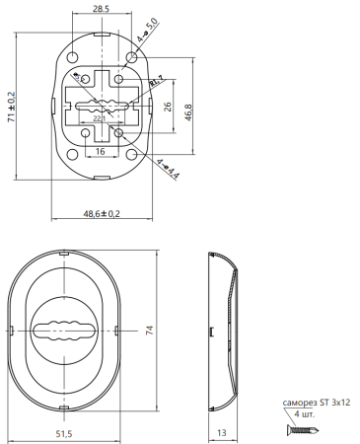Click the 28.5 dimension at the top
point(101,9)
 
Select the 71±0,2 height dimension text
point(12,107)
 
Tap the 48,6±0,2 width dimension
point(102,214)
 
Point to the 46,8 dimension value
point(188,112)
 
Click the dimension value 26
point(168,107)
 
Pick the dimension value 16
point(100,151)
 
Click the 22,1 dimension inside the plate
point(99,118)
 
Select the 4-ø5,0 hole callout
point(148,30)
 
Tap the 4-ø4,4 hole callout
point(168,169)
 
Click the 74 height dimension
point(149,331)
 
